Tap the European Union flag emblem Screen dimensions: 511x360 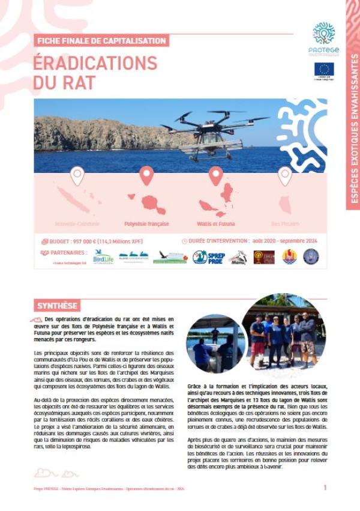tap(324, 69)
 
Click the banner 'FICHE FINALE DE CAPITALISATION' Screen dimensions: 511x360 tap(101, 41)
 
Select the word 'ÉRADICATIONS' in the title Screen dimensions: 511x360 tap(95, 63)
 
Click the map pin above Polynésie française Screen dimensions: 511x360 tap(146, 176)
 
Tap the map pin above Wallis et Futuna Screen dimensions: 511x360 tap(216, 176)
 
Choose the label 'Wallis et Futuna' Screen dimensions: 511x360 tap(216, 224)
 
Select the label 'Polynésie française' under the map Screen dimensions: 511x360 tap(146, 224)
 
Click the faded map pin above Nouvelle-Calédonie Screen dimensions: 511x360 tap(77, 176)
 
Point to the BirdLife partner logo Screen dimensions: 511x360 tap(103, 256)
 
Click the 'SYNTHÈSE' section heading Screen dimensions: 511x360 tap(57, 306)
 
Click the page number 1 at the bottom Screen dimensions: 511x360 tap(325, 488)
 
